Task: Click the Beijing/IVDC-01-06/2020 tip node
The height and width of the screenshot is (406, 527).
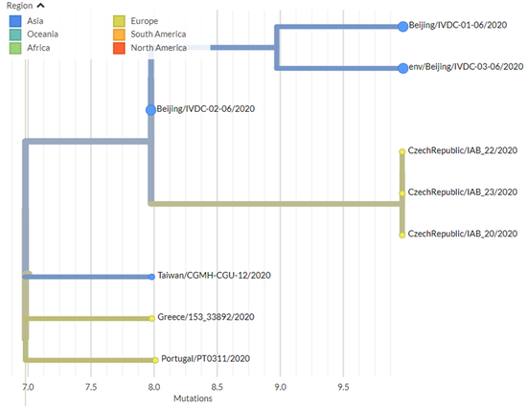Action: point(402,27)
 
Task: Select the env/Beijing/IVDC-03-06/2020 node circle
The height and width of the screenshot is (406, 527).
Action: point(403,68)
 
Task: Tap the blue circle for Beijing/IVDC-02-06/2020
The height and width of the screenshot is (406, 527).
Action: point(150,110)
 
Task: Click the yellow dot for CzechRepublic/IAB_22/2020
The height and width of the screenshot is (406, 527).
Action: point(402,152)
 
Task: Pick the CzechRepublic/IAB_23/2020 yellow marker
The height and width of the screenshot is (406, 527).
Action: point(402,193)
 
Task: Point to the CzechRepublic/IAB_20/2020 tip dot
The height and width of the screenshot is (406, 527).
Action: point(402,235)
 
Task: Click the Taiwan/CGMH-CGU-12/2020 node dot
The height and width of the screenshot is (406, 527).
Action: point(152,277)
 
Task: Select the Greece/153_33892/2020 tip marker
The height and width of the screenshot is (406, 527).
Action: point(152,318)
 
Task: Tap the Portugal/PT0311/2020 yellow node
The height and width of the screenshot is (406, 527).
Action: point(155,360)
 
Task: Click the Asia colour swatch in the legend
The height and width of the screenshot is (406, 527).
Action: point(15,21)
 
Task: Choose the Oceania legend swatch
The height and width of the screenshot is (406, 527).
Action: point(15,34)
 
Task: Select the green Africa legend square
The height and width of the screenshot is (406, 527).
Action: point(15,48)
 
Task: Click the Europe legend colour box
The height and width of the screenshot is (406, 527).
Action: point(119,21)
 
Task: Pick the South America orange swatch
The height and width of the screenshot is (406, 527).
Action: point(119,34)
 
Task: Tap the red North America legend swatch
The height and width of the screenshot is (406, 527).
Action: point(119,48)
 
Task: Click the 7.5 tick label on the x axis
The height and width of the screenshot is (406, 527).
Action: point(91,387)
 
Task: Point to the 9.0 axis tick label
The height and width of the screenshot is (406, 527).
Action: point(281,387)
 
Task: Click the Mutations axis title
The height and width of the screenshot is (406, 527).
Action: point(193,398)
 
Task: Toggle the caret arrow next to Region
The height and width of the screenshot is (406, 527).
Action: point(40,6)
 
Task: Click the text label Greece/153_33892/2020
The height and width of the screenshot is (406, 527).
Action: point(206,317)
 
